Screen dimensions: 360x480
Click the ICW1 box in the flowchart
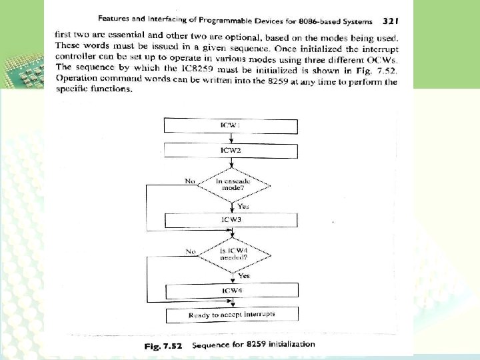point(231,125)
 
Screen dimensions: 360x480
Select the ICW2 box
point(231,151)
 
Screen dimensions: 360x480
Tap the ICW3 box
point(231,219)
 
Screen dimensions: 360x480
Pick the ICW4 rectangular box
point(231,291)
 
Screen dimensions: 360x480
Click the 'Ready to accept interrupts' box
point(231,314)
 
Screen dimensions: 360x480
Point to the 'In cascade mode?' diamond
point(231,185)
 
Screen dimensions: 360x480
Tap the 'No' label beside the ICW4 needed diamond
point(191,251)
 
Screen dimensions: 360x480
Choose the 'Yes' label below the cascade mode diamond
point(243,206)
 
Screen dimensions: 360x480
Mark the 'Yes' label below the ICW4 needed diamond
point(244,275)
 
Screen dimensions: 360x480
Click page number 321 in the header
point(391,21)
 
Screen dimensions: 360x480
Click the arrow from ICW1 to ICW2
point(231,138)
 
